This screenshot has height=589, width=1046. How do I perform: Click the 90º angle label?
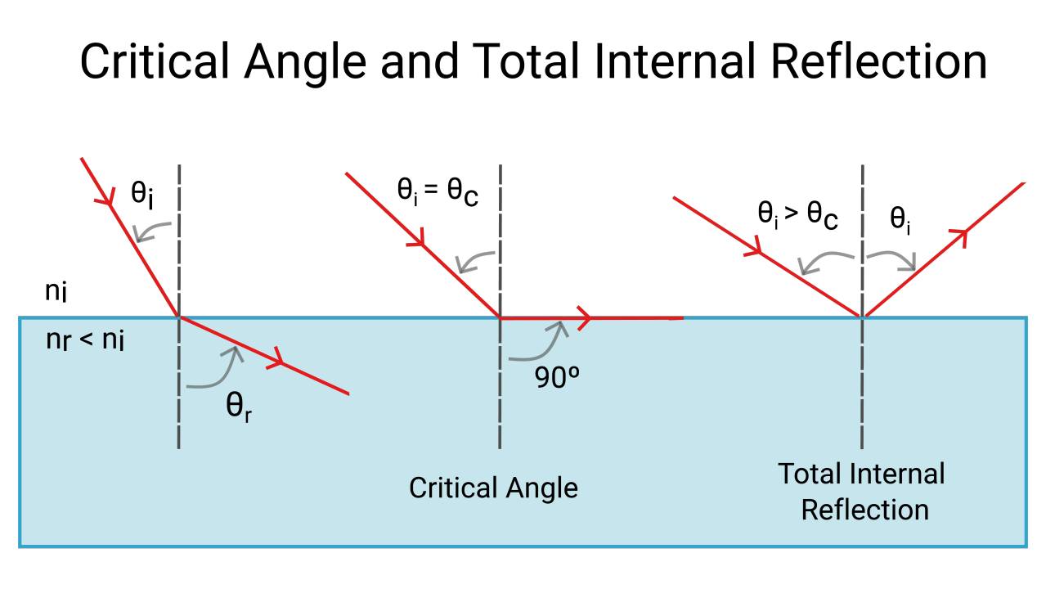point(557,378)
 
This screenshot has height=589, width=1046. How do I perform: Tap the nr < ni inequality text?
point(85,339)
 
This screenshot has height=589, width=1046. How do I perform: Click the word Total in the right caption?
point(810,474)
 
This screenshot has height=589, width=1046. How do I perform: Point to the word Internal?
point(897,474)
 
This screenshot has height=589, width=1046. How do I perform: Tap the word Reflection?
point(864,510)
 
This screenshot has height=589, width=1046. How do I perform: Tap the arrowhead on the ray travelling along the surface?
point(585,317)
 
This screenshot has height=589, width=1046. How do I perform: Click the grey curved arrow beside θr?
point(217,370)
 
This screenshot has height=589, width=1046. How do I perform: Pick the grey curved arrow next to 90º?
point(539,344)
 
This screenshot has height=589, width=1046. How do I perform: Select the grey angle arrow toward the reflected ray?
point(892,258)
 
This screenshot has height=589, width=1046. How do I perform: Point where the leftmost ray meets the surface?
point(179,317)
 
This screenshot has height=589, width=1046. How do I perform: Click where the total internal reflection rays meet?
point(862,317)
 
